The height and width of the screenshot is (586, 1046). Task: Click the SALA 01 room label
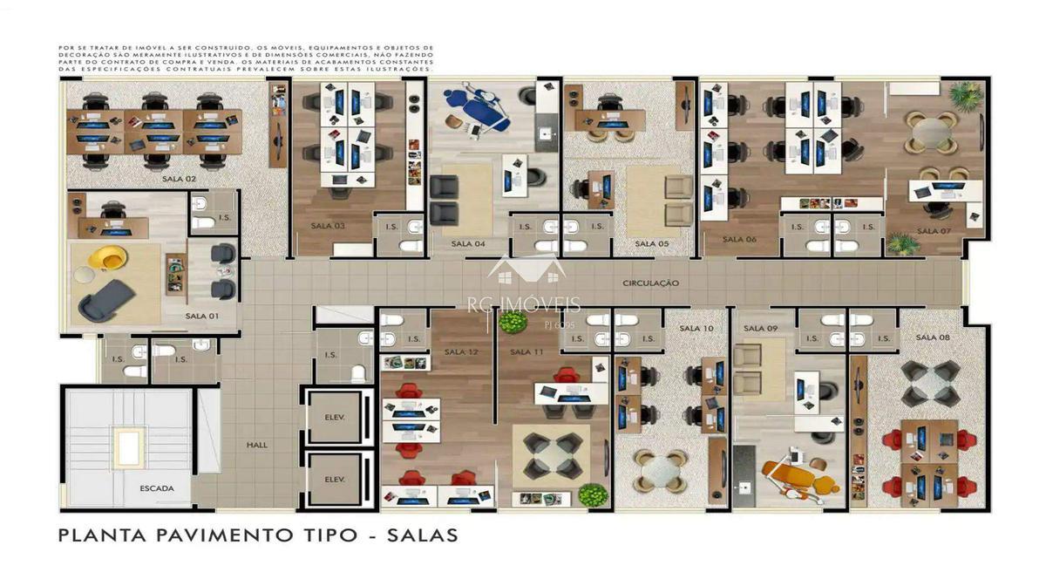coord(201,316)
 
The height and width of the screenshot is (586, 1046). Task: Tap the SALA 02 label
coord(179,179)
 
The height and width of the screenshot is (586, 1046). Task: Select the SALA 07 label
coord(934,231)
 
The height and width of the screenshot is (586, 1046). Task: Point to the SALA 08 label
coord(932,337)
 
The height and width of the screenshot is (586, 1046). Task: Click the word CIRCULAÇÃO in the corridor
coord(650,283)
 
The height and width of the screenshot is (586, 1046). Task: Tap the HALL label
coord(257,445)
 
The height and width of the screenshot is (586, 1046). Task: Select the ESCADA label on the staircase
coord(157,488)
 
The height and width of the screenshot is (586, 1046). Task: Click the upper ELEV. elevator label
coord(335,417)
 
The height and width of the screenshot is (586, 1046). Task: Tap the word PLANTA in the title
coord(104,535)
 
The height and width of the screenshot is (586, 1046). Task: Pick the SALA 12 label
coord(460,352)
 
